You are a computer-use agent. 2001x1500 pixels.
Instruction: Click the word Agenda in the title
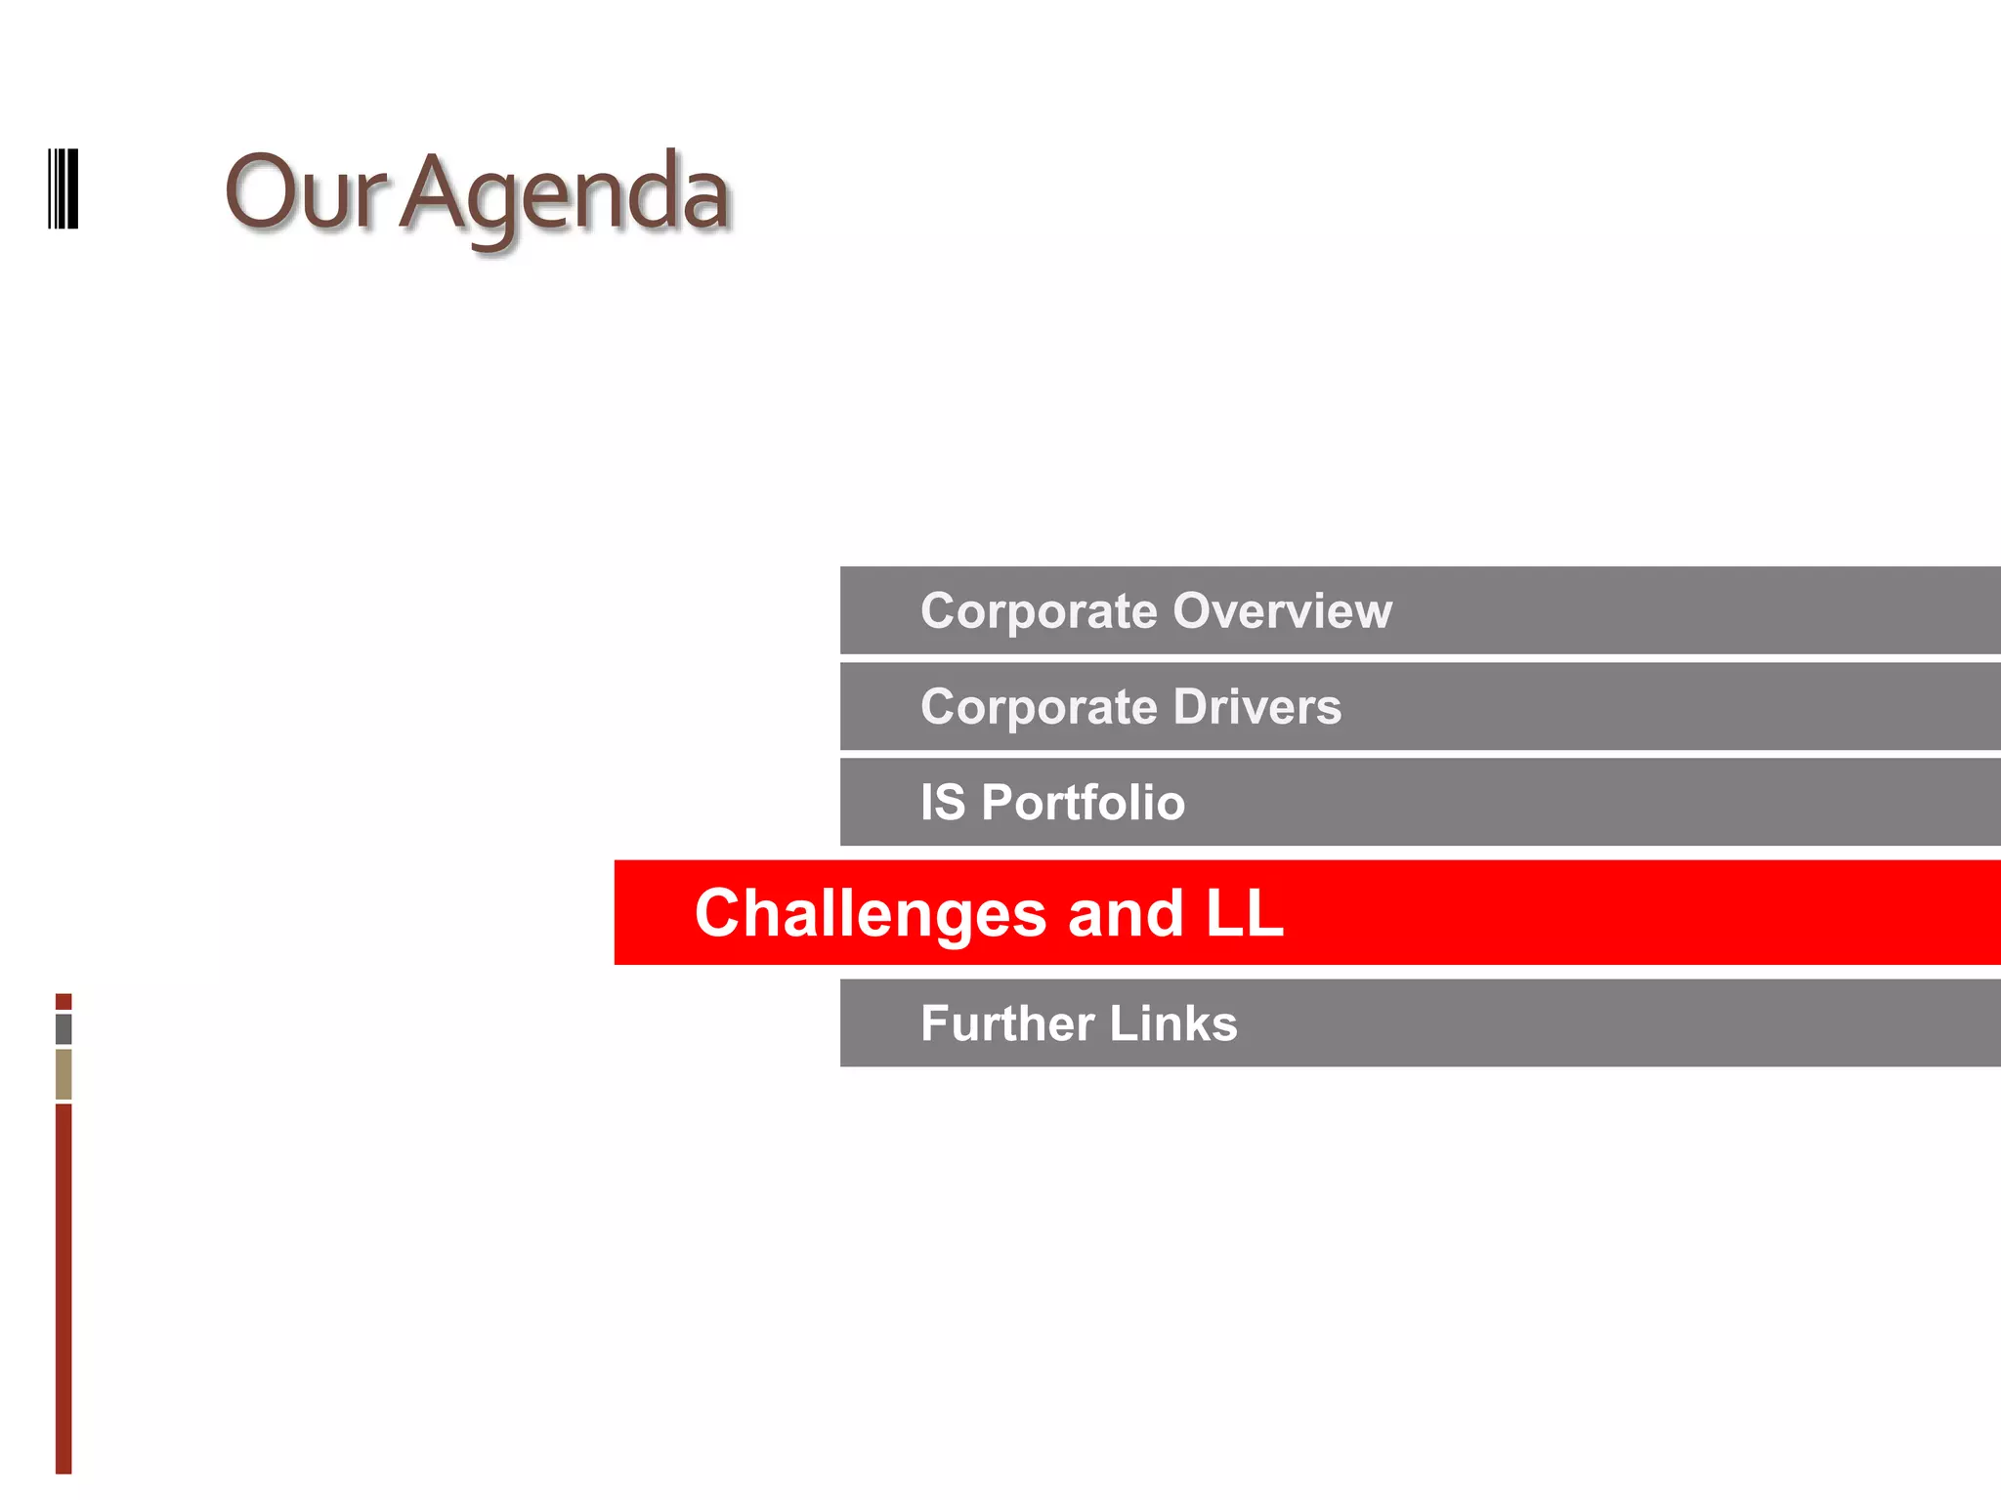pos(565,194)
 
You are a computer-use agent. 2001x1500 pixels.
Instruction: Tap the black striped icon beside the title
pos(64,188)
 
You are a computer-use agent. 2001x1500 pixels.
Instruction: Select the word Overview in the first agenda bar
pos(1282,611)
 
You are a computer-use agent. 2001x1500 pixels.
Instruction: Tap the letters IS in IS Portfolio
pos(943,803)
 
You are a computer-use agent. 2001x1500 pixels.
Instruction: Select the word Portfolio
pos(1083,803)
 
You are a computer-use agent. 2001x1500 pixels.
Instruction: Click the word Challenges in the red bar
pos(871,914)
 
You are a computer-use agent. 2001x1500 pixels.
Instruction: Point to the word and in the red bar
pos(1126,914)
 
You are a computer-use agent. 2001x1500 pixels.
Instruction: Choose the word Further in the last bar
pos(1007,1023)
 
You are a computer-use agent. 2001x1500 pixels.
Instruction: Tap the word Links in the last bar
pos(1172,1023)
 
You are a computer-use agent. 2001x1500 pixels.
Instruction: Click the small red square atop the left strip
pos(64,1002)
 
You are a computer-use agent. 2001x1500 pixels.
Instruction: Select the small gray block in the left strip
pos(64,1028)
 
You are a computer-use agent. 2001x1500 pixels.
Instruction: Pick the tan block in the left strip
pos(64,1073)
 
